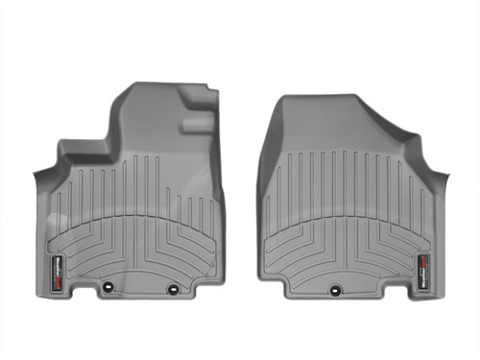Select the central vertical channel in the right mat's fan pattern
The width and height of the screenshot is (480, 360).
pos(348,206)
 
